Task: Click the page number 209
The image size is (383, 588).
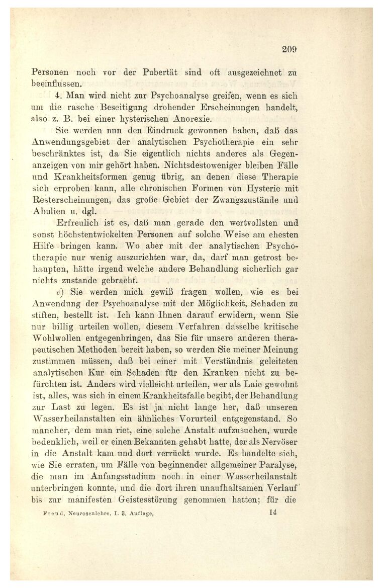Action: point(290,49)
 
